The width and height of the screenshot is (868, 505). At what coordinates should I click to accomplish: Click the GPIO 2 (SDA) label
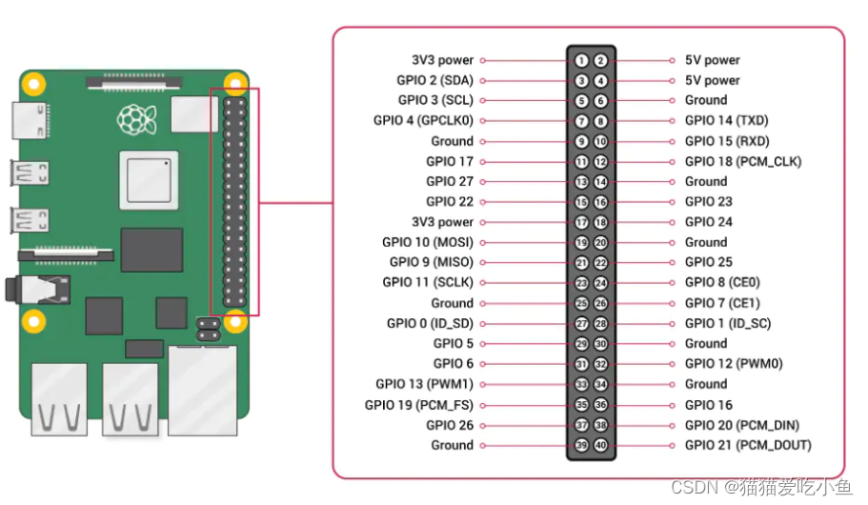coord(434,80)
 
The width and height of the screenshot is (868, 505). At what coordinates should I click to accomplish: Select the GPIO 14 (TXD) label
coord(726,121)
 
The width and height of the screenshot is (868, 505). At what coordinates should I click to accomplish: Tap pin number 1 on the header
coord(581,60)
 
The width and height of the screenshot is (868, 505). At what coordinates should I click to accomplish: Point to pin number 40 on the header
coord(600,445)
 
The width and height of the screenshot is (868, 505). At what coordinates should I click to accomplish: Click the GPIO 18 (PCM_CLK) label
coord(743,161)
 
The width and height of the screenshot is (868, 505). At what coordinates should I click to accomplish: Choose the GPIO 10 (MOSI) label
coord(428,242)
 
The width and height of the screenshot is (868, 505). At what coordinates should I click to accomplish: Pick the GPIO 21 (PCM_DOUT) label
coord(748,445)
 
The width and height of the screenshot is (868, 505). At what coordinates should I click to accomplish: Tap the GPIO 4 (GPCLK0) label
coord(423,121)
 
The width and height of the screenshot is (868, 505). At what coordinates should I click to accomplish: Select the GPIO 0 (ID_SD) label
coord(430,323)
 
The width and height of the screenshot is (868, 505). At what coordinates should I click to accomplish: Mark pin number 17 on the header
coord(581,222)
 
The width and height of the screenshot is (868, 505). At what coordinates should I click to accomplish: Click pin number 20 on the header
coord(600,242)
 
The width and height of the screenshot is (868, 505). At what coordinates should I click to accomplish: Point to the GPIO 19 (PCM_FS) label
coord(419,405)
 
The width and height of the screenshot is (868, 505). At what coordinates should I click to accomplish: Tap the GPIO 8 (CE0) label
coord(722,283)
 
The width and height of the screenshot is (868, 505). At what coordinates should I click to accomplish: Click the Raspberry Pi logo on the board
coord(136,119)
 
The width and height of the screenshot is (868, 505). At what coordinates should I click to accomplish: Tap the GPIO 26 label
coord(450,425)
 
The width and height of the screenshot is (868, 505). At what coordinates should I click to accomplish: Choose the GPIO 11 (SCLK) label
coord(428,283)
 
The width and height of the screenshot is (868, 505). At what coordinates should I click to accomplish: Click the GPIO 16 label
coord(709,405)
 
